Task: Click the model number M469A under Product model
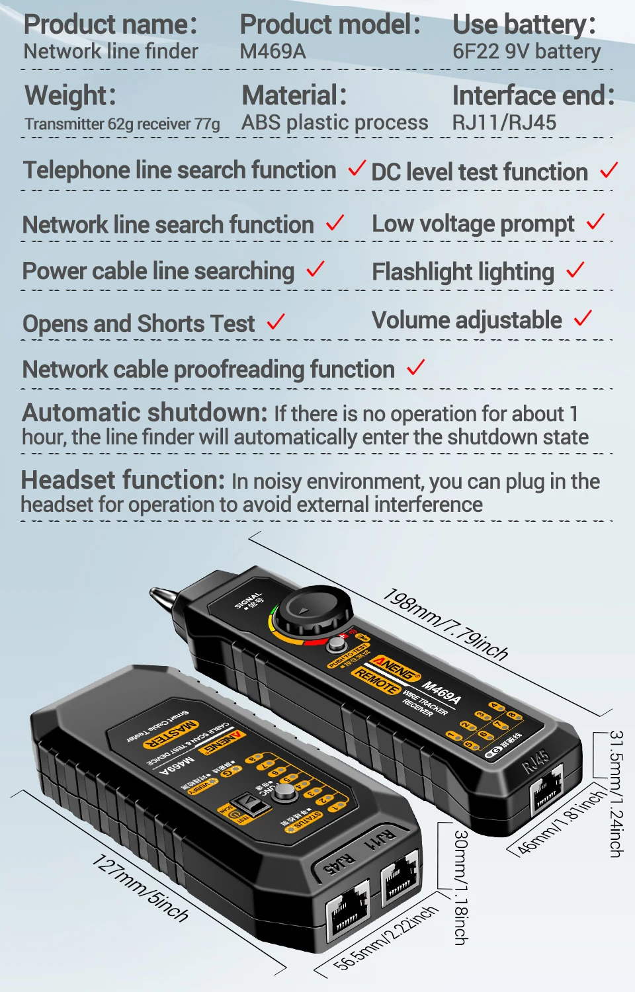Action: (x=273, y=52)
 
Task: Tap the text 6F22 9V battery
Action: (x=527, y=52)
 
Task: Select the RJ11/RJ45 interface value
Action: (x=504, y=122)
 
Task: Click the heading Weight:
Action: (x=70, y=95)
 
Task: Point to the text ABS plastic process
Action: (x=335, y=122)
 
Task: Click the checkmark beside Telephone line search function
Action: (x=357, y=168)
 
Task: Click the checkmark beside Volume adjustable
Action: (x=583, y=318)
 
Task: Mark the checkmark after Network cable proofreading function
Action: (x=415, y=367)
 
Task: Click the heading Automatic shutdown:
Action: (x=144, y=413)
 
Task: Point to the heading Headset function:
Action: (x=123, y=480)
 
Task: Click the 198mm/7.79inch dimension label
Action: (x=445, y=625)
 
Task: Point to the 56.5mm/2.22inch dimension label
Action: (x=386, y=939)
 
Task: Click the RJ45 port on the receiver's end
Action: (x=546, y=790)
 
